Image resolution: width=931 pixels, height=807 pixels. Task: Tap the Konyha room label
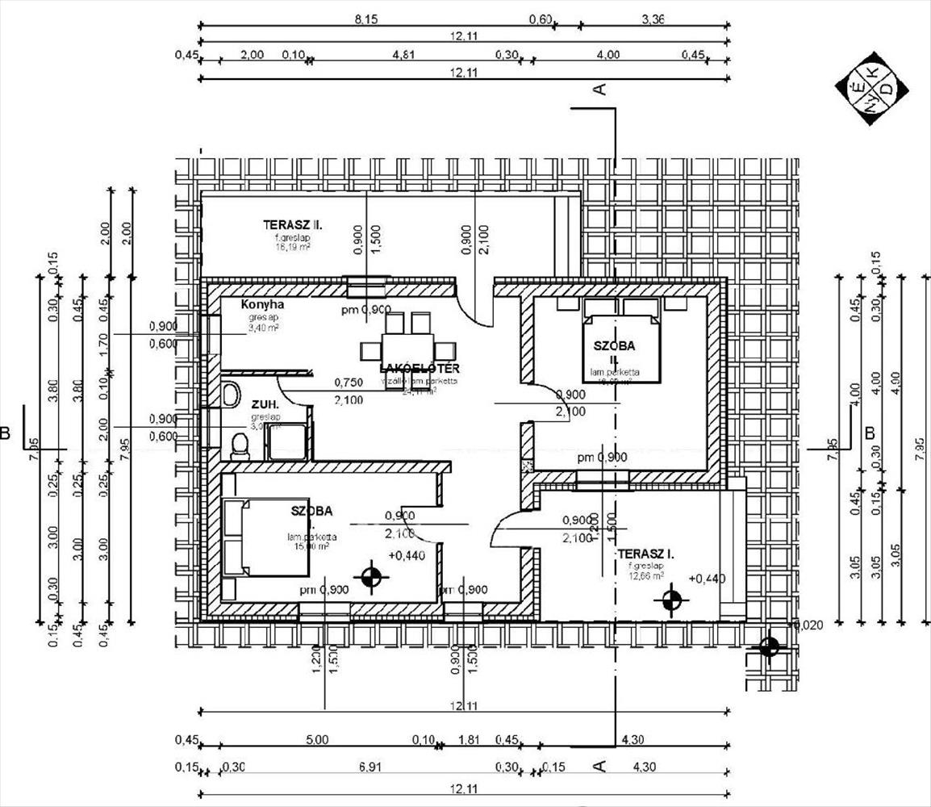pyautogui.click(x=262, y=305)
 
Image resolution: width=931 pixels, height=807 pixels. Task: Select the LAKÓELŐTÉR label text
pyautogui.click(x=419, y=369)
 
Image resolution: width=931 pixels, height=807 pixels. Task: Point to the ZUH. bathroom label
pyautogui.click(x=265, y=403)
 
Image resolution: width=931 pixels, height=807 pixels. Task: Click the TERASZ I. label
pyautogui.click(x=645, y=554)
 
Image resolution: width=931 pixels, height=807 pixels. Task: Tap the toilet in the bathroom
pyautogui.click(x=240, y=445)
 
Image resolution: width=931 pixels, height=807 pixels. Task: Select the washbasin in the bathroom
pyautogui.click(x=230, y=395)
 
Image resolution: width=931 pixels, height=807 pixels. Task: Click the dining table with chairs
pyautogui.click(x=408, y=348)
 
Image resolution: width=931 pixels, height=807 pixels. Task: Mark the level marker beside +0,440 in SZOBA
pyautogui.click(x=371, y=577)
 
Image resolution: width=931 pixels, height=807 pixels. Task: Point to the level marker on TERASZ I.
pyautogui.click(x=670, y=599)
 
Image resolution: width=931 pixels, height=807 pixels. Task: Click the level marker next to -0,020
pyautogui.click(x=769, y=646)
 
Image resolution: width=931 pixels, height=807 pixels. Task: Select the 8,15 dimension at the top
pyautogui.click(x=368, y=19)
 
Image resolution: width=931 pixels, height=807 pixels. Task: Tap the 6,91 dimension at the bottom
pyautogui.click(x=368, y=763)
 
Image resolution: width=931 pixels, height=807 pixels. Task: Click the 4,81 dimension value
pyautogui.click(x=403, y=55)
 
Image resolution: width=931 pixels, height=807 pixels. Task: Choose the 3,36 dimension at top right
pyautogui.click(x=653, y=19)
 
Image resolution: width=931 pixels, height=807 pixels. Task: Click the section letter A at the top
pyautogui.click(x=599, y=90)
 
